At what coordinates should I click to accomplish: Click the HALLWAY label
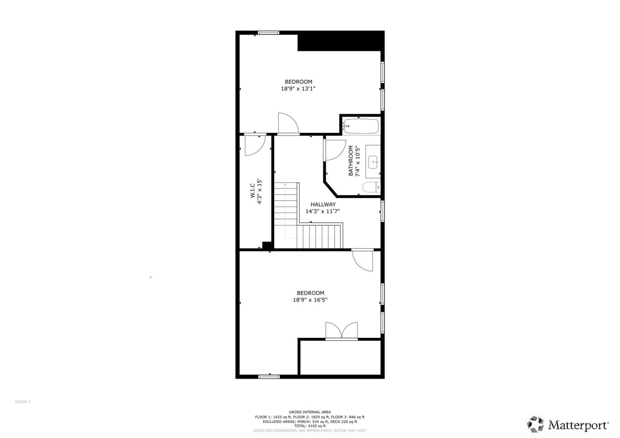click(x=323, y=205)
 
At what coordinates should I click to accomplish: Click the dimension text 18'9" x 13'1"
click(x=298, y=89)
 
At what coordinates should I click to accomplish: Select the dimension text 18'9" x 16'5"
click(x=310, y=300)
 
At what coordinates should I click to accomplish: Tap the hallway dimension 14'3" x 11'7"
click(x=323, y=211)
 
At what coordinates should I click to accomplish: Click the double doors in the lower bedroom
click(x=341, y=331)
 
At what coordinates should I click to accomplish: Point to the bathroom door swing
click(x=334, y=150)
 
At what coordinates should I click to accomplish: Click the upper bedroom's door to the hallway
click(x=288, y=124)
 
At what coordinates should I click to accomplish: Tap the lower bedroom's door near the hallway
click(x=363, y=261)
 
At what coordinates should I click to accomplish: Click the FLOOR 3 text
click(x=23, y=402)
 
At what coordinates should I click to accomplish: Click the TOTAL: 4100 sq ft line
click(x=310, y=426)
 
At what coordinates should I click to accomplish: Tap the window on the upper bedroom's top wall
click(x=269, y=32)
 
